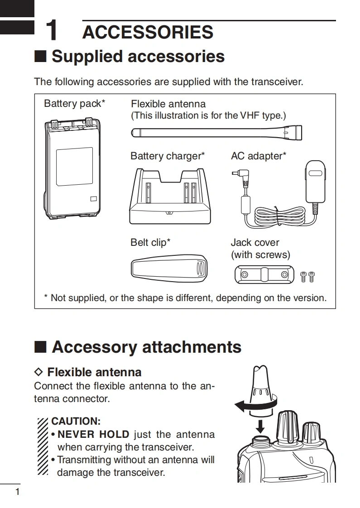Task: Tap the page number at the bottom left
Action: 18,492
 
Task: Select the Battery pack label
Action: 74,104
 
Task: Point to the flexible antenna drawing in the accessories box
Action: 216,134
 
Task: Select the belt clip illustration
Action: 168,268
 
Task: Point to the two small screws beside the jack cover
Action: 307,276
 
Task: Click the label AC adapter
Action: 258,156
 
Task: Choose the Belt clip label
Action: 150,243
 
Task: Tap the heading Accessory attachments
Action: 146,347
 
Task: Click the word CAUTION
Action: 76,422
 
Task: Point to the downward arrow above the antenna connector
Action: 260,425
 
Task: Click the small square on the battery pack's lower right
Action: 93,198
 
